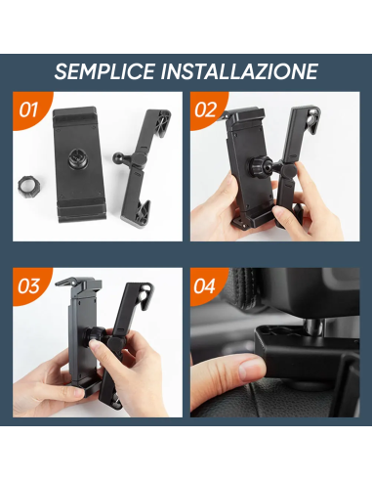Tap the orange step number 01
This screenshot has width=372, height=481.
click(x=28, y=109)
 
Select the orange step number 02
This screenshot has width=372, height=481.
click(x=205, y=109)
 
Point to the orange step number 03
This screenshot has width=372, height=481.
click(x=28, y=286)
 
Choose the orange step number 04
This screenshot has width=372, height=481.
click(x=205, y=286)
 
